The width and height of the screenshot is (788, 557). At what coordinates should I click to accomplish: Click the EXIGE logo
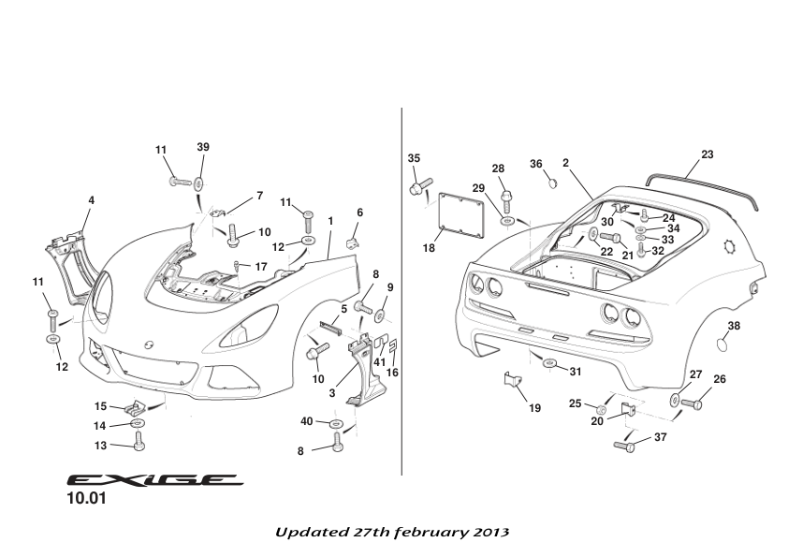coord(154,479)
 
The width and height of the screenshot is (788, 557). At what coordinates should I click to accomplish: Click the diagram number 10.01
coord(85,500)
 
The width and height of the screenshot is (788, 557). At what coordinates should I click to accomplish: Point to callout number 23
coord(707,154)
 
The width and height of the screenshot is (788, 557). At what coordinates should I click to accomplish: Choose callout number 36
coord(536,164)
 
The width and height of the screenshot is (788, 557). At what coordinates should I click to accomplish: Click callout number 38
coord(734,326)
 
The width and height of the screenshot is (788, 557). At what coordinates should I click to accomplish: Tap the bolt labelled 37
coord(626,446)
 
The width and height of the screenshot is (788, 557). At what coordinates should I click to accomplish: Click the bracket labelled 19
coord(512,383)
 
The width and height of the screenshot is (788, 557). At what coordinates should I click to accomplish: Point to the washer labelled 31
coord(548,363)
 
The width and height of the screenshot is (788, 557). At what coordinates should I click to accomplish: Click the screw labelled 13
coord(139,439)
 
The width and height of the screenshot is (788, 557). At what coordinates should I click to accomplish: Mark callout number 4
coord(91,199)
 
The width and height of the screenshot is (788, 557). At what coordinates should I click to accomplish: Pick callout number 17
coord(261,267)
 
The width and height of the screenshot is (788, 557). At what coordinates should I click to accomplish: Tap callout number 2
coord(566,162)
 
